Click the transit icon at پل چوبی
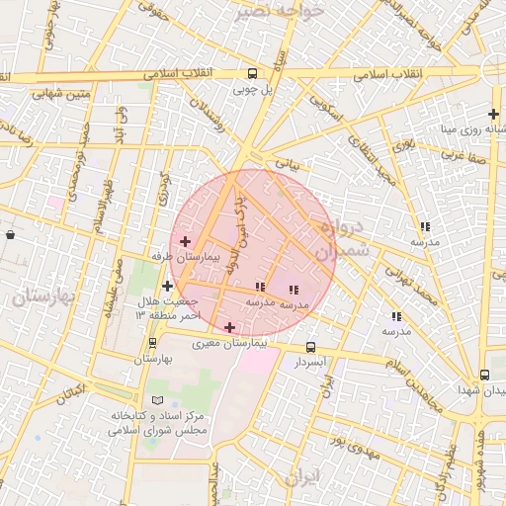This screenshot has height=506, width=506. click(x=253, y=73)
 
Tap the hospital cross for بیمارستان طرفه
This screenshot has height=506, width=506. click(x=185, y=241)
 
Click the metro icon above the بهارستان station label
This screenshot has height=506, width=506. click(x=152, y=343)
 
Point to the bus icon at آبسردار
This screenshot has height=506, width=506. click(x=310, y=348)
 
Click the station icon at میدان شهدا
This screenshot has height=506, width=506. click(x=484, y=375)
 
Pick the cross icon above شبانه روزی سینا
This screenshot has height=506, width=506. click(x=493, y=114)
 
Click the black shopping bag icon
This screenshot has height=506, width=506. click(x=10, y=235)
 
